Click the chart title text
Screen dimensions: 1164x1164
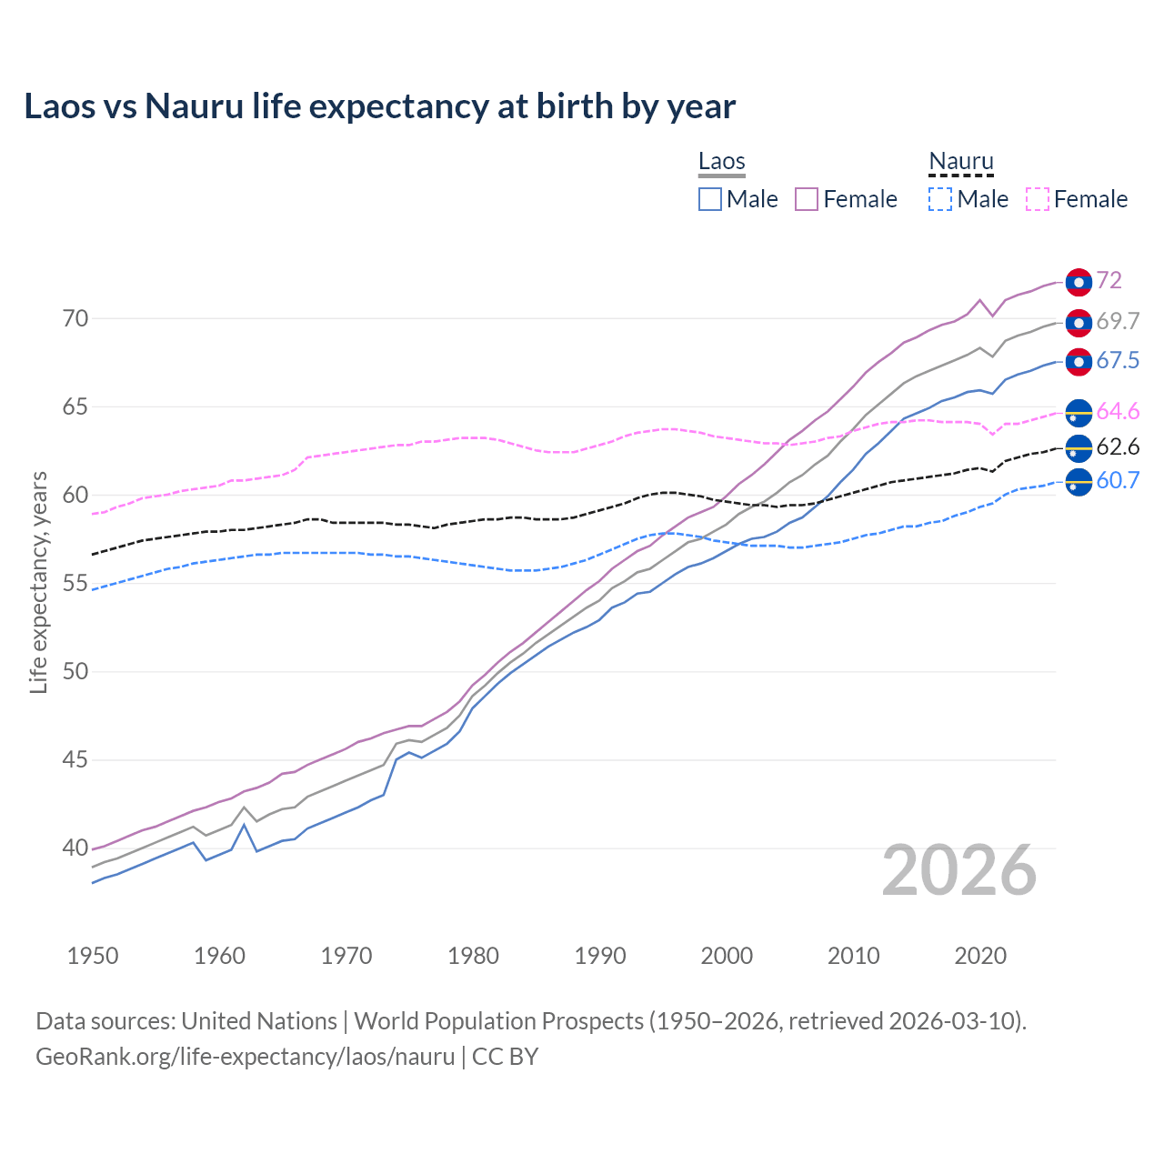point(379,106)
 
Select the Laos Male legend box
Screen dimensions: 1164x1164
point(710,199)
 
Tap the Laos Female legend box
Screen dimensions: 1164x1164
point(807,199)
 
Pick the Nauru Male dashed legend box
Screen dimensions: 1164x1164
point(940,199)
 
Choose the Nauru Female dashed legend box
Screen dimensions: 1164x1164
point(1038,199)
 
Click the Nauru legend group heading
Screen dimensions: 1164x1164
point(961,161)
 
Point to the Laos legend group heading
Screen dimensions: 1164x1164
point(722,161)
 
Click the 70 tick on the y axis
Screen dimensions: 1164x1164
point(75,318)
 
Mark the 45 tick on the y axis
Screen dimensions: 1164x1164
point(75,759)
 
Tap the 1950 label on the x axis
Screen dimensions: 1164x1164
point(93,956)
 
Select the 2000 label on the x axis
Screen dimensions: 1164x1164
point(727,956)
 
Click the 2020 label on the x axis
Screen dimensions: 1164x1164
point(980,956)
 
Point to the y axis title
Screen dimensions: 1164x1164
point(38,582)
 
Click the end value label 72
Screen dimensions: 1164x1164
point(1109,280)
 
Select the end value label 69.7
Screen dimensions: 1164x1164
point(1118,321)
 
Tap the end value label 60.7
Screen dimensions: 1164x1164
point(1118,480)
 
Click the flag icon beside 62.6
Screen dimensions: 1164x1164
point(1079,447)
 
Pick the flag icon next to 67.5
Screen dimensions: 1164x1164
point(1079,361)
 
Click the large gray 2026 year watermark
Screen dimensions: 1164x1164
point(959,870)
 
